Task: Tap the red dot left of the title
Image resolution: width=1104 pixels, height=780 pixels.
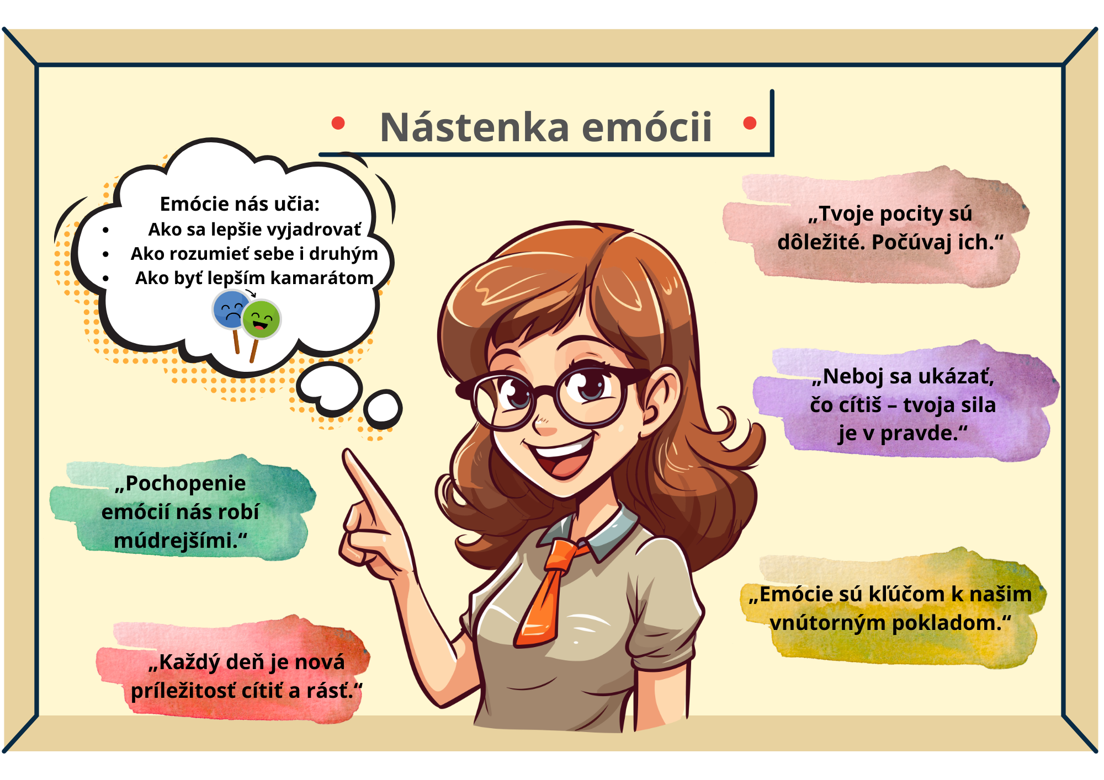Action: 338,123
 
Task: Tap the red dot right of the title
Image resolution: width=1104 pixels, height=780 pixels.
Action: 750,123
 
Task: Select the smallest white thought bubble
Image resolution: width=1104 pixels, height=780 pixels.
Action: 383,409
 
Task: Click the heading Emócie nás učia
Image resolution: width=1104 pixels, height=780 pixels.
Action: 240,204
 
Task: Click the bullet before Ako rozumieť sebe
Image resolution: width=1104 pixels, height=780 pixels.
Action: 105,254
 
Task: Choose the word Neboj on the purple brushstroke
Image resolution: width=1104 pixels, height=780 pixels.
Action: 850,377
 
